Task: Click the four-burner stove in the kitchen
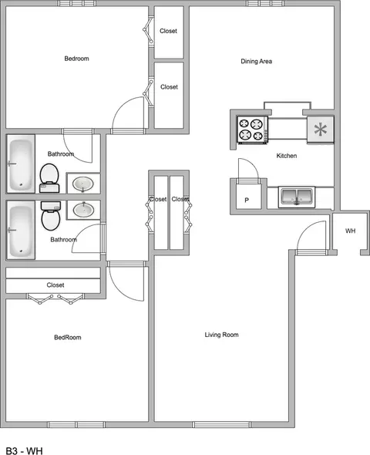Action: (x=253, y=129)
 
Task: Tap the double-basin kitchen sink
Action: (x=297, y=197)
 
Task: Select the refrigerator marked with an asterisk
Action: (x=321, y=130)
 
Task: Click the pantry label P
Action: (x=247, y=200)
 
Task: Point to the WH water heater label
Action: (x=350, y=231)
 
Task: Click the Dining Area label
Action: (x=257, y=61)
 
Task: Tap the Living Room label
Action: (x=221, y=335)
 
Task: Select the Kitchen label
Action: (x=287, y=156)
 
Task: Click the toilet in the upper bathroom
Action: (x=49, y=178)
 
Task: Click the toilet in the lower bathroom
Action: (x=51, y=215)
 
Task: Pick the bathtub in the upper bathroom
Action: (x=21, y=163)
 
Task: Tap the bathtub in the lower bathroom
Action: (x=21, y=230)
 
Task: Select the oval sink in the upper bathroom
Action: (x=83, y=184)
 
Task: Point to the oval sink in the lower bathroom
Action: (x=83, y=210)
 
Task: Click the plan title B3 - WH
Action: (x=25, y=450)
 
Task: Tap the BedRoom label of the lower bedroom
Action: (x=68, y=337)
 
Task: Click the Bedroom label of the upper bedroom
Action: (x=76, y=59)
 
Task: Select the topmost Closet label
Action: (x=168, y=31)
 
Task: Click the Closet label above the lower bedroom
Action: (x=55, y=285)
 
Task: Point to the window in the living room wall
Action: (x=221, y=425)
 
